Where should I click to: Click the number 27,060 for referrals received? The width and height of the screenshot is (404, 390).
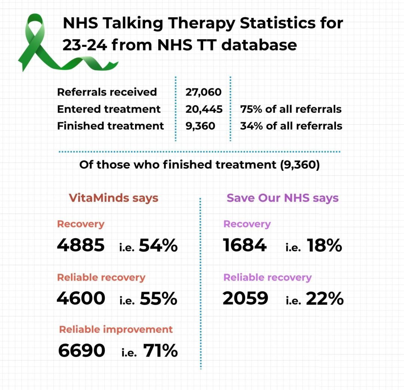[x=203, y=92]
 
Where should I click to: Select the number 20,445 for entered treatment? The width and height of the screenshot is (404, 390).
[x=204, y=109]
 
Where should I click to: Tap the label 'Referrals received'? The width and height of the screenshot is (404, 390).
[x=107, y=92]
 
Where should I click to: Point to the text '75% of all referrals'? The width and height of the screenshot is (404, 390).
[x=291, y=109]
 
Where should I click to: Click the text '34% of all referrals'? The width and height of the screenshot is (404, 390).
[x=291, y=126]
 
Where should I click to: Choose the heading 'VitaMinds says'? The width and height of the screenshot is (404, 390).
[x=113, y=198]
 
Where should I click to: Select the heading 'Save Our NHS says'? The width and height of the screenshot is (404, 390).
[x=282, y=198]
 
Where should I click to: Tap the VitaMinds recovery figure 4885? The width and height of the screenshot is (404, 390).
[x=81, y=245]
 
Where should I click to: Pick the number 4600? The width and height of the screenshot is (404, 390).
[x=81, y=298]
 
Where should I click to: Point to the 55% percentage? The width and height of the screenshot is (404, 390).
[x=158, y=298]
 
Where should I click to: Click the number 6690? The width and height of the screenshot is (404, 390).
[x=82, y=351]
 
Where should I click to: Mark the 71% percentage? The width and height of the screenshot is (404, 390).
[x=160, y=351]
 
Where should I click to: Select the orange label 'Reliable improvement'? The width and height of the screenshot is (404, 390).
[x=116, y=330]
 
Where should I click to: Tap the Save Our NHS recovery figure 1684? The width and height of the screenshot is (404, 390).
[x=245, y=245]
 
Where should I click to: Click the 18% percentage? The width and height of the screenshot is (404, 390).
[x=324, y=245]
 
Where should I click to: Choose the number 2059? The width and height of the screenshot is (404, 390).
[x=245, y=298]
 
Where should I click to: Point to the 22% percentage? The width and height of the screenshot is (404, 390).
[x=325, y=298]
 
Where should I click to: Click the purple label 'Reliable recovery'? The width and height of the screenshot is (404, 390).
[x=267, y=278]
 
